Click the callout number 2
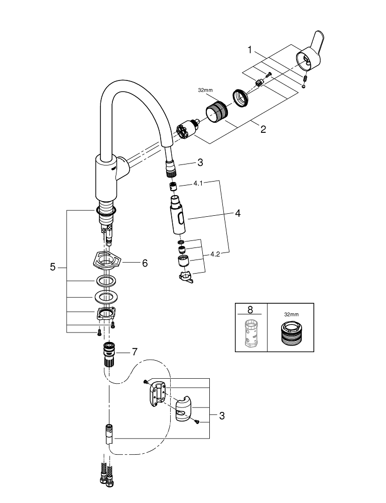(263, 129)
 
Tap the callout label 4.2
(215, 255)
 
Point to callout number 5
(53, 268)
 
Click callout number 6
(145, 263)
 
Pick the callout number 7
(135, 352)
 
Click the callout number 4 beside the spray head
(237, 213)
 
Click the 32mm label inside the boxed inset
(291, 314)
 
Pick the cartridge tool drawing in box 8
(250, 333)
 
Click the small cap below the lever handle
(303, 86)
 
